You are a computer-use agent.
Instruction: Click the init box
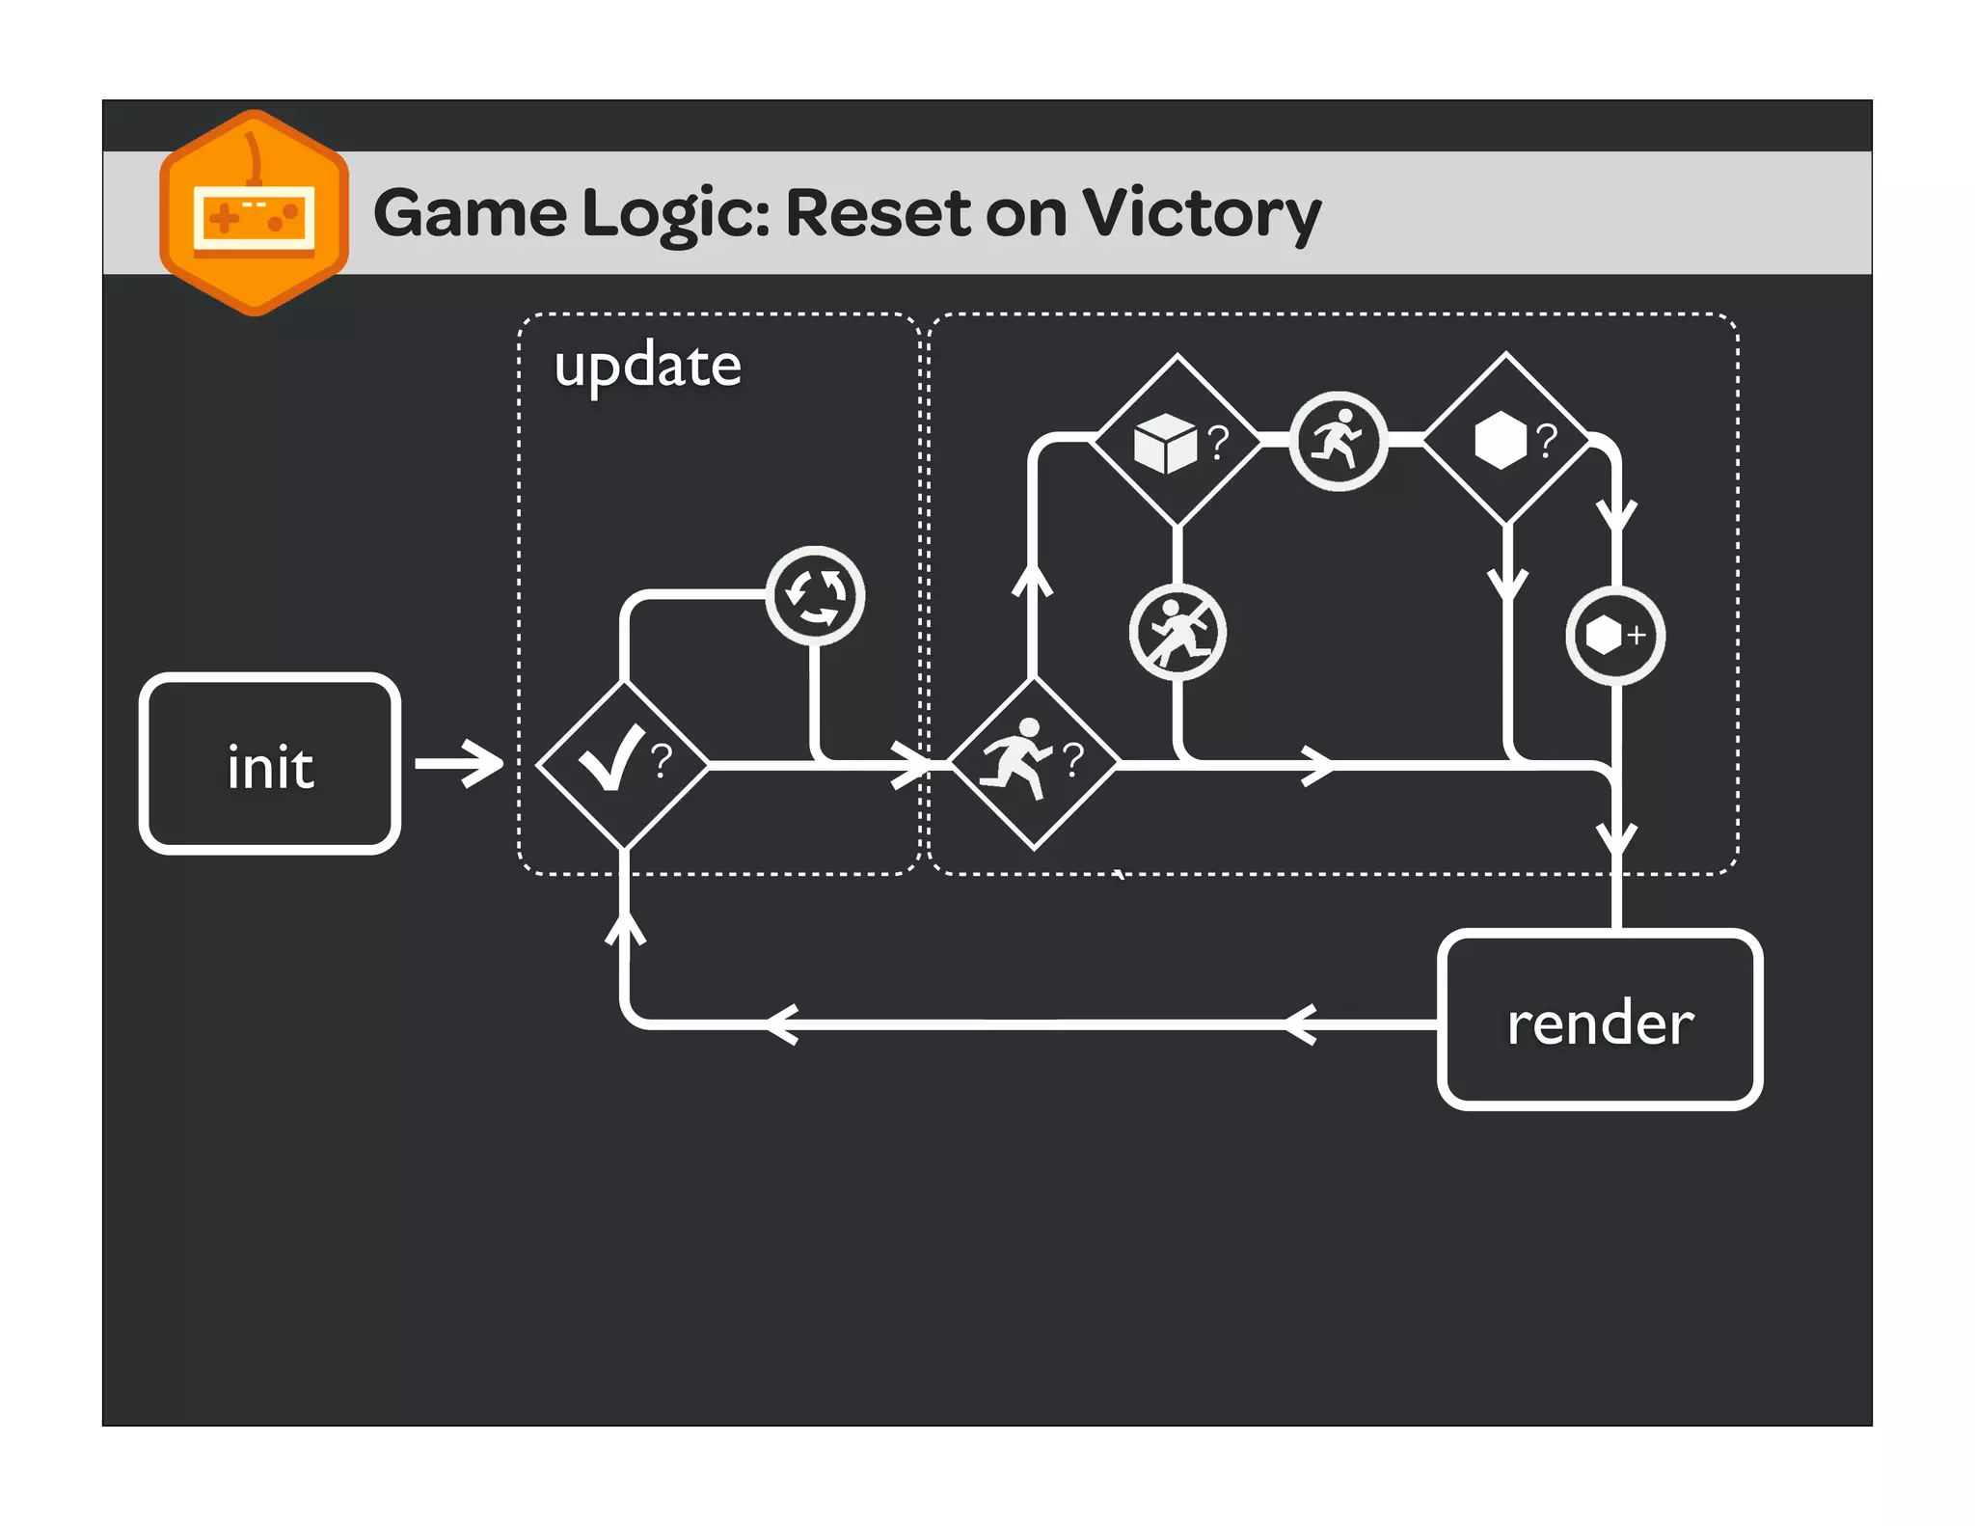[x=270, y=764]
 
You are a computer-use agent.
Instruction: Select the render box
[x=1599, y=1021]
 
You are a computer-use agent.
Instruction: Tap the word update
[x=647, y=366]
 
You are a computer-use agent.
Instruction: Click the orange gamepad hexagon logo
[x=254, y=213]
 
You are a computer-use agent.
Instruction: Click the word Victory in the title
[x=1201, y=213]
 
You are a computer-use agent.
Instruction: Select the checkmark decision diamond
[x=623, y=764]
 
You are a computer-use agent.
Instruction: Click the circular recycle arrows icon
[x=815, y=595]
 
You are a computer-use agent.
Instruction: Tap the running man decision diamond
[x=1034, y=763]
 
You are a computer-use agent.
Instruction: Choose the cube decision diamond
[x=1177, y=441]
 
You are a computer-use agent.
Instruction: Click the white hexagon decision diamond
[x=1506, y=439]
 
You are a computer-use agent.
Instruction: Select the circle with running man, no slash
[x=1338, y=441]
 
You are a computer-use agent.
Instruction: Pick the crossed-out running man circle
[x=1177, y=633]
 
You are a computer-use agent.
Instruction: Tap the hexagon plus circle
[x=1614, y=636]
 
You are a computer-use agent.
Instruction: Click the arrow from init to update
[x=460, y=764]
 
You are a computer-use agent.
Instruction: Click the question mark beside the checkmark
[x=662, y=760]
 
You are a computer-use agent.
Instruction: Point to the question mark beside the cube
[x=1219, y=441]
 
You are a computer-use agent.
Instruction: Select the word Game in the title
[x=470, y=213]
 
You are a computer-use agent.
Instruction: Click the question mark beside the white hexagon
[x=1547, y=439]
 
